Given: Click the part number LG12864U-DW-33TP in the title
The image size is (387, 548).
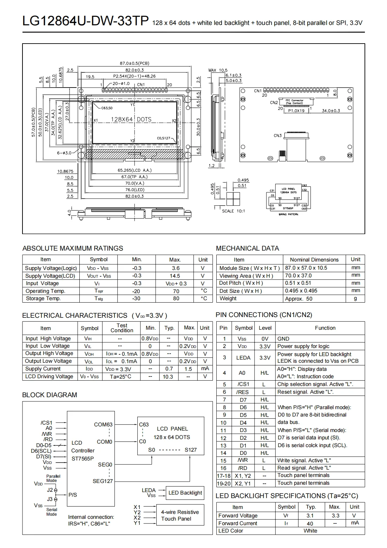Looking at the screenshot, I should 85,21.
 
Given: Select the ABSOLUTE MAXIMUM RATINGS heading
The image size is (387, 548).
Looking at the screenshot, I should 73,248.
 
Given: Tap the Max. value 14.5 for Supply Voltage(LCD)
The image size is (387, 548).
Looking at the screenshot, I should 175,276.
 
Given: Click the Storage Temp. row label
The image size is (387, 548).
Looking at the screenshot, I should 43,298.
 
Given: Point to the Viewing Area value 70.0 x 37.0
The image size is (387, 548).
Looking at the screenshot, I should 298,276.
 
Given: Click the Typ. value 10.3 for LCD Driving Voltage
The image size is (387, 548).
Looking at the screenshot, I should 168,376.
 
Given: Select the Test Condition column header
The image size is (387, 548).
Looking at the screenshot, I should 122,328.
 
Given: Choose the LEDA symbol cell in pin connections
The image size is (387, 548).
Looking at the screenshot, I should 243,358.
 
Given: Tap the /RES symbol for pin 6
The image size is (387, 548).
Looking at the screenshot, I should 242,392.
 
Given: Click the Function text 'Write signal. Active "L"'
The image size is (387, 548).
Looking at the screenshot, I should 304,460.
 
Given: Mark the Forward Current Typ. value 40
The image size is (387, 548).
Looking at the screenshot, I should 310,523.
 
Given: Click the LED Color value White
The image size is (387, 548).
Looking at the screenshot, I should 310,531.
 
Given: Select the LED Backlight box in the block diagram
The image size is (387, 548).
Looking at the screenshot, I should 185,493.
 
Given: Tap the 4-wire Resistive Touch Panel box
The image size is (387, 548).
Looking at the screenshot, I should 180,515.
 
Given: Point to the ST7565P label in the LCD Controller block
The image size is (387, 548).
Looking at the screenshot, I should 83,458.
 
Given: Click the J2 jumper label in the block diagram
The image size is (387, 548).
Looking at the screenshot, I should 50,490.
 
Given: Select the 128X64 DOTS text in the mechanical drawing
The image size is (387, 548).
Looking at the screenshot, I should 131,120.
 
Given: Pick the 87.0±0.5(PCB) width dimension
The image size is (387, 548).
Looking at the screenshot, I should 135,64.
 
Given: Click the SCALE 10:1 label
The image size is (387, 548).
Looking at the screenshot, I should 233,211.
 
